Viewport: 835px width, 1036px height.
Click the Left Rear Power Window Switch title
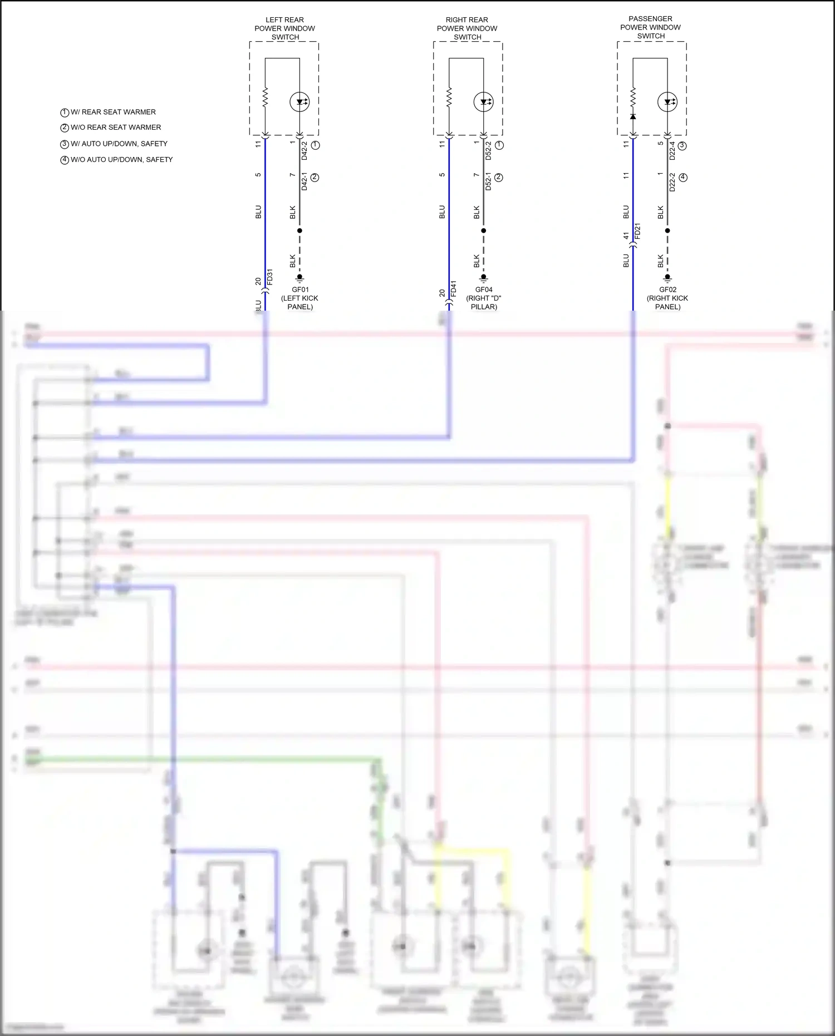click(x=284, y=28)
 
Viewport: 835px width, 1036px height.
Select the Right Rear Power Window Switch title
click(x=467, y=28)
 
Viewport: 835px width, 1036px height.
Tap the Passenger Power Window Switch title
click(x=650, y=27)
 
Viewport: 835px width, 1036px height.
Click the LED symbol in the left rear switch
click(x=299, y=102)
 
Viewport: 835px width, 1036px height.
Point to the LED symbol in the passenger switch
click(x=667, y=102)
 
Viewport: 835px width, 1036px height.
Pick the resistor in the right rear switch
click(x=449, y=97)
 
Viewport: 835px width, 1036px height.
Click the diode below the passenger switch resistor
click(x=633, y=116)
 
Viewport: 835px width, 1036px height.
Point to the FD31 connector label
click(x=270, y=277)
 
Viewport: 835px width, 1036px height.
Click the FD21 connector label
click(x=637, y=231)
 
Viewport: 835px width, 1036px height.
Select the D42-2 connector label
click(x=304, y=151)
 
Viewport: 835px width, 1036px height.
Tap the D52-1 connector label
click(x=488, y=181)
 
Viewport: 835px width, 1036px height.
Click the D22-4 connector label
click(x=672, y=150)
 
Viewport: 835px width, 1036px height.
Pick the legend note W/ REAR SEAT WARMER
click(x=108, y=112)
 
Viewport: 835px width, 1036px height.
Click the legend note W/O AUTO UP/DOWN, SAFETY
click(x=116, y=160)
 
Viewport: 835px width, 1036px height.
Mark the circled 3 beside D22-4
click(x=682, y=145)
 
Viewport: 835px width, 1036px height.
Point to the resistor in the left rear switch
click(x=266, y=97)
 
